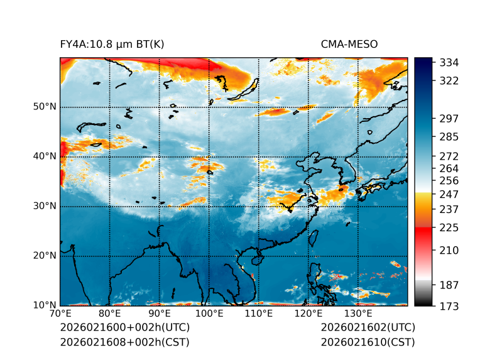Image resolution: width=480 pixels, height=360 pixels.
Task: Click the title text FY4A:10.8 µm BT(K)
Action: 112,45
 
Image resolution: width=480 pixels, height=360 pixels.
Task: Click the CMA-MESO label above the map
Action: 349,45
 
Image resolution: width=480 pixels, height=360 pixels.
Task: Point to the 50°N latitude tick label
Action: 45,107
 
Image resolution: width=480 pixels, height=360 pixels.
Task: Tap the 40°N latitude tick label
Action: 45,156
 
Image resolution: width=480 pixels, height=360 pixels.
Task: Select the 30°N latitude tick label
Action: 45,206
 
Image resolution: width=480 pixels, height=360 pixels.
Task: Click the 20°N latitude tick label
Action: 45,256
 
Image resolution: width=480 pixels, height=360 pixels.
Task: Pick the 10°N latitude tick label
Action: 45,305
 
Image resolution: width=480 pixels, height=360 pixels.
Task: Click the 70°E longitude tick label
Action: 60,314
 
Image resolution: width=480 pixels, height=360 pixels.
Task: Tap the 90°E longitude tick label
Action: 160,314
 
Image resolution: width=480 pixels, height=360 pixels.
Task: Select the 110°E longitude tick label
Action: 259,314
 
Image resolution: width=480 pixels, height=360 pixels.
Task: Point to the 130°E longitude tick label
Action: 358,314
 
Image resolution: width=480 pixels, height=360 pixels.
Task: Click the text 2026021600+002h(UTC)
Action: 124,328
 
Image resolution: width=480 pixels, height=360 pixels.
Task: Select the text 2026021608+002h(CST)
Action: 124,342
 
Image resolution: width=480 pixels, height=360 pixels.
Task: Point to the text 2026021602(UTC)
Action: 368,328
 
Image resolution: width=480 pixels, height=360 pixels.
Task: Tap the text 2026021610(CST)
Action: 368,342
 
